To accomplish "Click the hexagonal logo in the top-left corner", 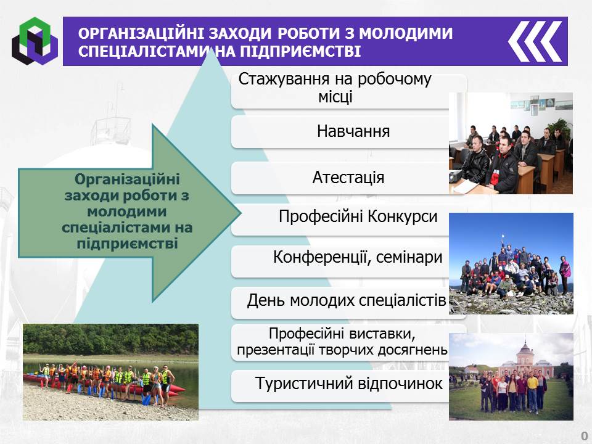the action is (35, 41).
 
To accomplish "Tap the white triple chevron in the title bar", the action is (535, 41).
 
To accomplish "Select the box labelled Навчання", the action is (349, 131).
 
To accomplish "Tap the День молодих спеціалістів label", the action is (347, 300).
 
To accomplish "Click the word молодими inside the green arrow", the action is (127, 212).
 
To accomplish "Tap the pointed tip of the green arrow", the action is (240, 213).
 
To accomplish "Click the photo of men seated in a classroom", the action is (511, 143).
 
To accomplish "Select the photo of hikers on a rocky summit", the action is (511, 263).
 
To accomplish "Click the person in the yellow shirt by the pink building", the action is (532, 391).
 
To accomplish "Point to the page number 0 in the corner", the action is (585, 435).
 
